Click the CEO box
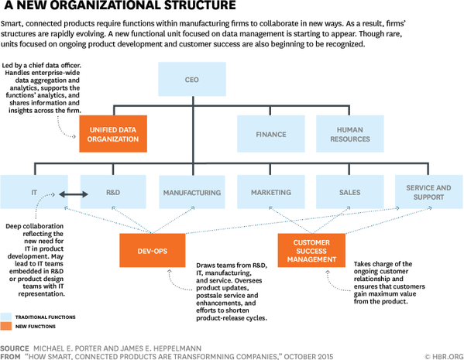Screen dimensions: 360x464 (191, 80)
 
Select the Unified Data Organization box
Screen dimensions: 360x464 (113, 133)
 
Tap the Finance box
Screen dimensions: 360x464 (270, 133)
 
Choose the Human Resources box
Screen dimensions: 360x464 (350, 133)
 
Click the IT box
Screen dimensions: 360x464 (33, 192)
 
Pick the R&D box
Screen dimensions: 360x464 (112, 192)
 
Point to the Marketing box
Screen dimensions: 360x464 (270, 192)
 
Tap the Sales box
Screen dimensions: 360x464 (350, 192)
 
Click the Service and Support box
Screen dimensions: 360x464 (428, 192)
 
